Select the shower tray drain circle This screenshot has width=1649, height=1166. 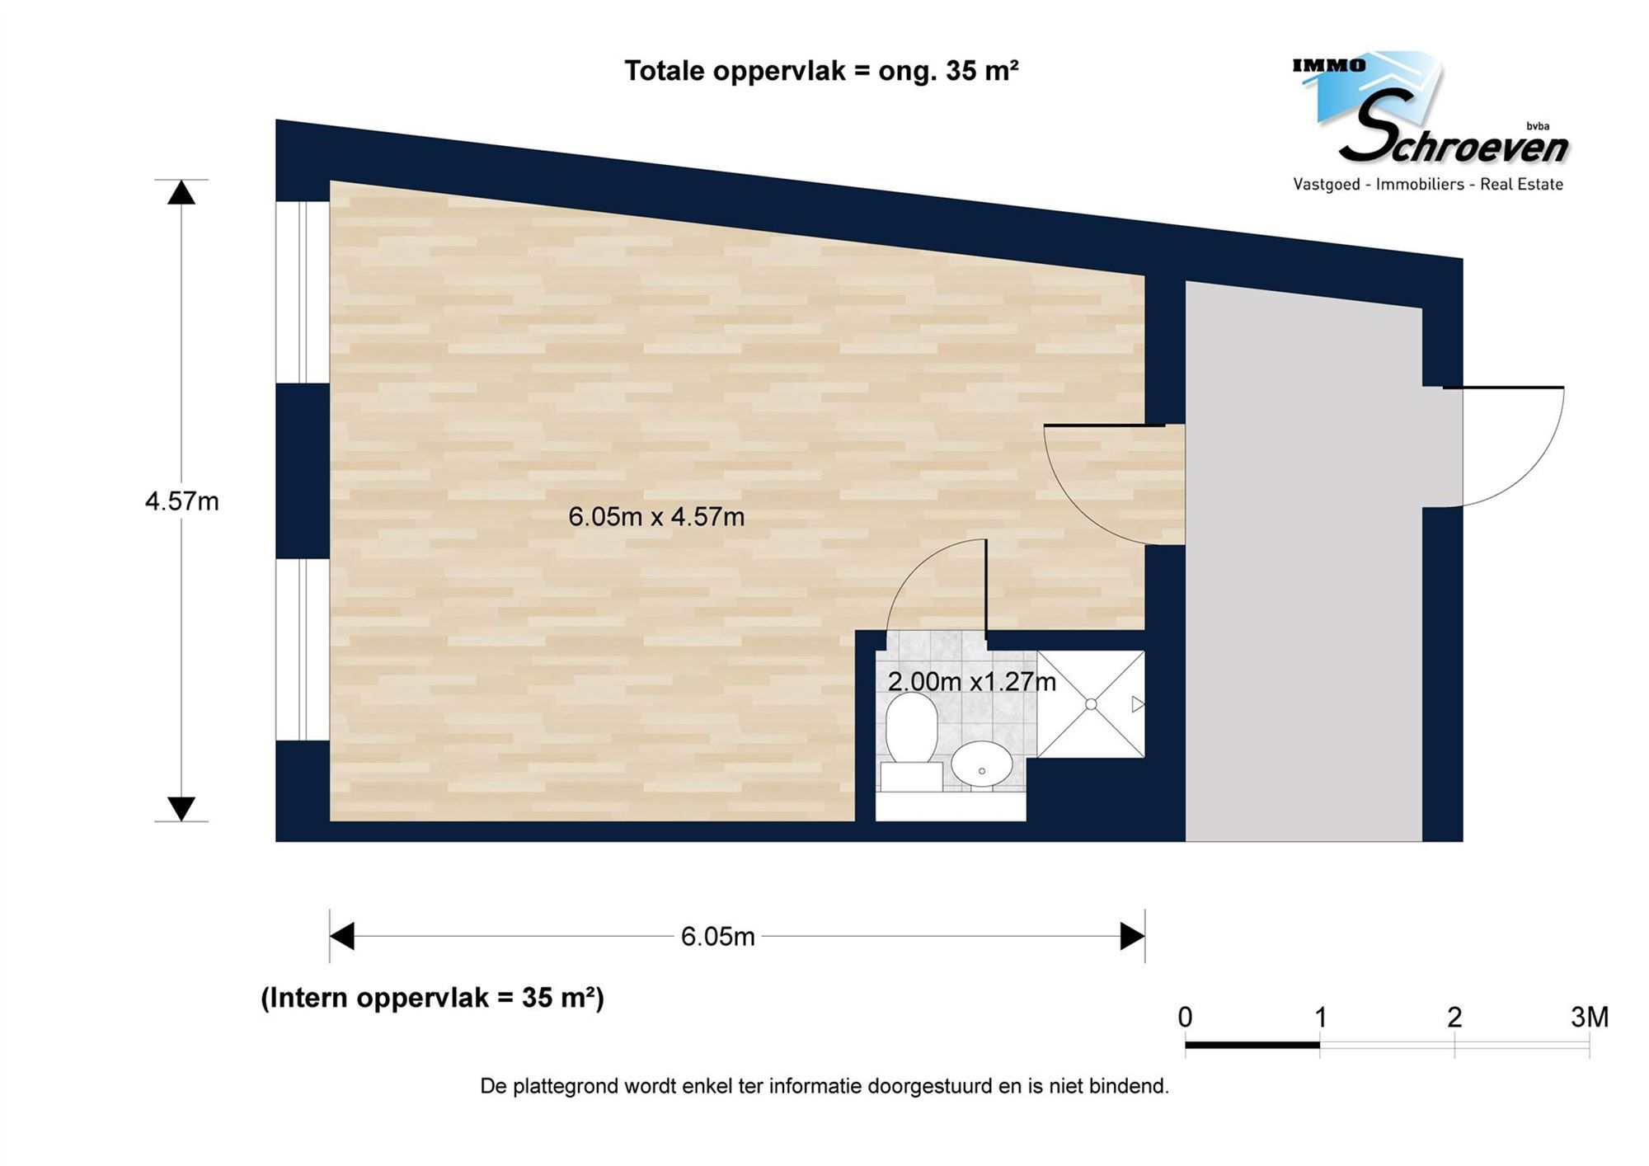pos(1091,704)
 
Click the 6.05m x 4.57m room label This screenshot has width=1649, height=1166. pos(656,517)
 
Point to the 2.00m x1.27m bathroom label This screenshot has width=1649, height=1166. pos(971,682)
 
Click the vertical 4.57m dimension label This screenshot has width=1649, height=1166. pos(181,501)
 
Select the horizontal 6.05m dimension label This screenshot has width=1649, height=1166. pos(717,937)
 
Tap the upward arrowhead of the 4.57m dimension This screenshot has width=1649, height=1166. pos(181,193)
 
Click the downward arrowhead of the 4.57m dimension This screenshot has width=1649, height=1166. pos(181,808)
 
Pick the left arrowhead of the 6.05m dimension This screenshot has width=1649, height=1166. pos(342,937)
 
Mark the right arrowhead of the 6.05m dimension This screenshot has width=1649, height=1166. pos(1132,937)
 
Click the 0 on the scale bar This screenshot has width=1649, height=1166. pos(1185,1018)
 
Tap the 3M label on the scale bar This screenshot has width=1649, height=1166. pos(1589,1018)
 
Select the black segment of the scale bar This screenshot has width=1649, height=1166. pos(1252,1046)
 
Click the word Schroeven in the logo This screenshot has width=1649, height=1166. pos(1455,140)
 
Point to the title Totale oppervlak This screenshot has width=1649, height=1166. pos(820,71)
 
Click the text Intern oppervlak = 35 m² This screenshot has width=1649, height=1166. pos(432,998)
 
